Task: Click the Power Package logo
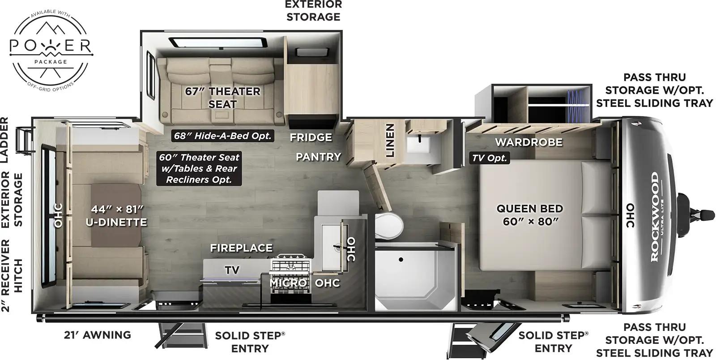[x=51, y=49]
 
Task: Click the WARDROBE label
[x=528, y=142]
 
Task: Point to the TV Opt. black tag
[x=490, y=158]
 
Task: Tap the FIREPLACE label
[x=241, y=248]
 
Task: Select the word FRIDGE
[x=311, y=137]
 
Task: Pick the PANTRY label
[x=318, y=157]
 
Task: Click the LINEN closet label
[x=390, y=141]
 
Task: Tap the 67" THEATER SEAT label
[x=222, y=97]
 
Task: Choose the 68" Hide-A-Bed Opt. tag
[x=222, y=135]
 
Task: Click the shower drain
[x=401, y=259]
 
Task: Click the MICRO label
[x=288, y=283]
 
